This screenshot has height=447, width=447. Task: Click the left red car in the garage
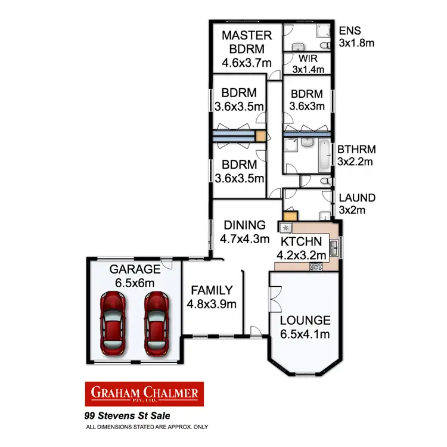[x=114, y=321]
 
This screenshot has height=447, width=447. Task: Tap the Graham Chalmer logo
[x=145, y=393]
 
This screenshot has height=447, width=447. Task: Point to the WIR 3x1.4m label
[x=308, y=64]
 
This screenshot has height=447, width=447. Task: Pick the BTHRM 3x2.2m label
[x=356, y=155]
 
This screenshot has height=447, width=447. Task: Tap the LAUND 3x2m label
[x=356, y=203]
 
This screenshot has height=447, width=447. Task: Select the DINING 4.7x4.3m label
[x=244, y=232]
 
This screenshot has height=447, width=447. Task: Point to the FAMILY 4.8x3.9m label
[x=212, y=297]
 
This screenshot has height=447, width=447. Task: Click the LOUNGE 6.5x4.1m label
[x=305, y=327]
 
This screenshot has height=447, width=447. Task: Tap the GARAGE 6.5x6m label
[x=134, y=276]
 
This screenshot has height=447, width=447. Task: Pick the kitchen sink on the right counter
[x=334, y=245]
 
